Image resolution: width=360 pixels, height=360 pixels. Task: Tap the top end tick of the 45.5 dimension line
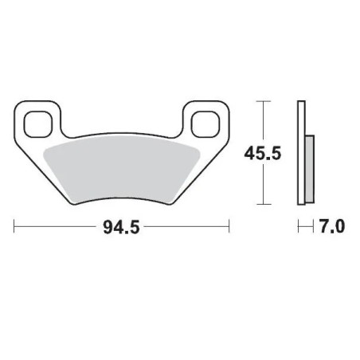click(x=263, y=101)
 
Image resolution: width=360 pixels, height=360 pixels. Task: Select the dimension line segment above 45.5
click(x=263, y=119)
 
